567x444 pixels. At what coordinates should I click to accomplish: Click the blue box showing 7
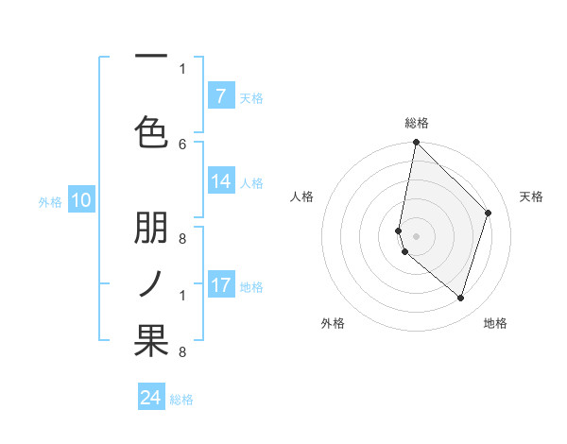220,96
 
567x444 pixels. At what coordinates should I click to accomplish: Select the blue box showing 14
220,182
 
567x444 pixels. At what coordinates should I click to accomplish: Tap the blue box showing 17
220,285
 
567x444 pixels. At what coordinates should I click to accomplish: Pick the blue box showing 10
81,200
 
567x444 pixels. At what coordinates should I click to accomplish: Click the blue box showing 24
151,398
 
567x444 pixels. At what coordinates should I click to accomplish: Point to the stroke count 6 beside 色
182,144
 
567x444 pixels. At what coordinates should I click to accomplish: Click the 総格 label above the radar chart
417,123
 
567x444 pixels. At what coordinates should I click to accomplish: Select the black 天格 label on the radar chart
531,196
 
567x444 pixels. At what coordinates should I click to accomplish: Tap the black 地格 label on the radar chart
495,323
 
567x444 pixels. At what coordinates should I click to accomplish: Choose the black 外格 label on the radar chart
333,323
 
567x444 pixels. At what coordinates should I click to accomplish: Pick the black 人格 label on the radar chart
301,196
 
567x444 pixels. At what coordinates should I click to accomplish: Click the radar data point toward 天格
489,213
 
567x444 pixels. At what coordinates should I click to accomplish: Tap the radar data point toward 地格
460,298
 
